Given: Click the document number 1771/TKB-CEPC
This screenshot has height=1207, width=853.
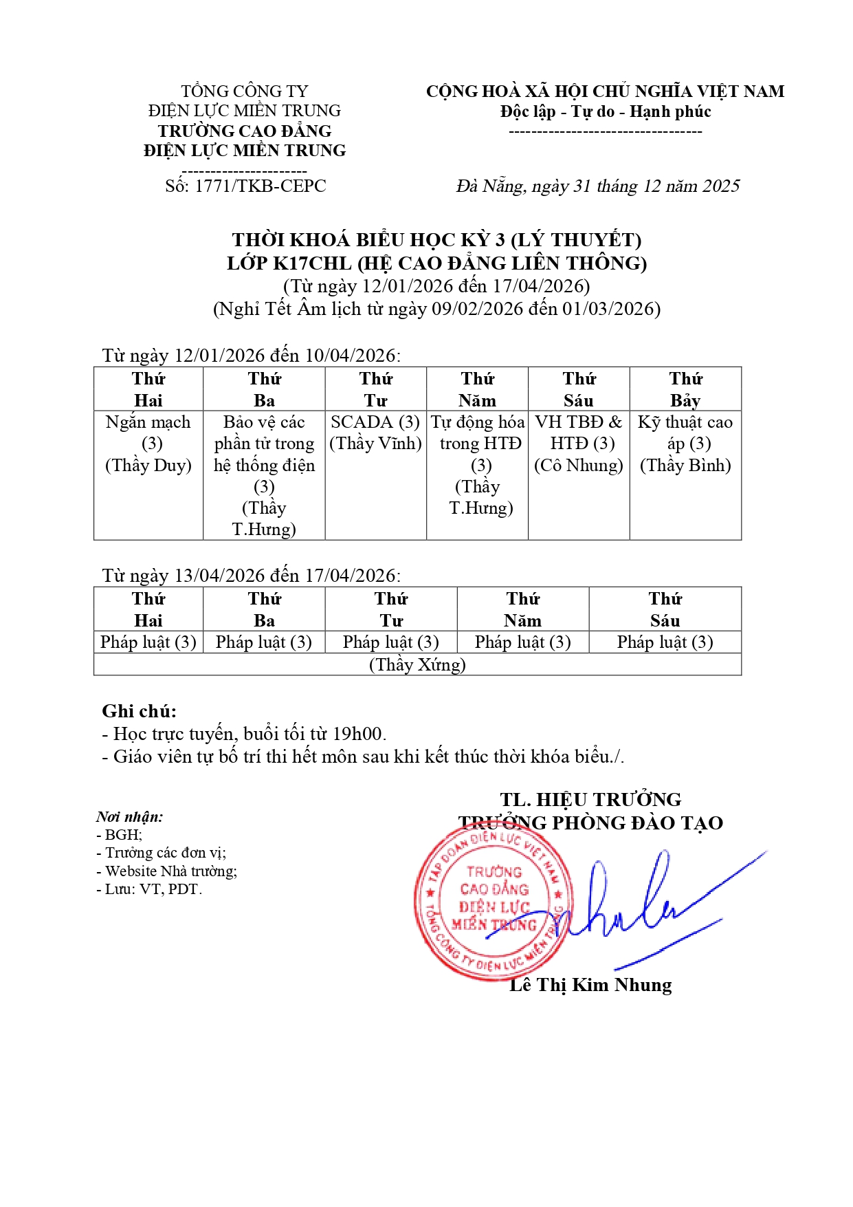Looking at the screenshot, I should click(260, 186).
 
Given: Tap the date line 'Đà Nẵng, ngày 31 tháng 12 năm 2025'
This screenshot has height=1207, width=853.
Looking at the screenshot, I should click(597, 186).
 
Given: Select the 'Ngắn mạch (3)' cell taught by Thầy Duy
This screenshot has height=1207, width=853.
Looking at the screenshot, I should click(148, 444).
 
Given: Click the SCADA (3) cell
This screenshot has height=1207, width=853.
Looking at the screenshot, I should click(375, 433).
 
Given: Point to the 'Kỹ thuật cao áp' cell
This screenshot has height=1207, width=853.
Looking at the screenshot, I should click(685, 444).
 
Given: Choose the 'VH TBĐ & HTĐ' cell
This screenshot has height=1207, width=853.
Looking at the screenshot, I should click(579, 444).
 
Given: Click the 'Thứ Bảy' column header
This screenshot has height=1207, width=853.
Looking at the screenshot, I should click(685, 389).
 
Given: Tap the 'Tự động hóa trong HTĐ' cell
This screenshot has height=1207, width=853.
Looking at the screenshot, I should click(478, 464).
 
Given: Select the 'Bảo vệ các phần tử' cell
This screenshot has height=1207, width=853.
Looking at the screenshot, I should click(264, 475).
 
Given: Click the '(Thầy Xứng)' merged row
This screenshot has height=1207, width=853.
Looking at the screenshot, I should click(417, 664).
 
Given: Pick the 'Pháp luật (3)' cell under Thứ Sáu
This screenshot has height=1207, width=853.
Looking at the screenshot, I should click(665, 642).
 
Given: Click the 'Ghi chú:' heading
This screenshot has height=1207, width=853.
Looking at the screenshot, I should click(139, 711).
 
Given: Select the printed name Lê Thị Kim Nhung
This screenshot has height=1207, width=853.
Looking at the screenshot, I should click(590, 985).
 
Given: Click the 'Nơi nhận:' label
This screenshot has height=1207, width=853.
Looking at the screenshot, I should click(129, 817).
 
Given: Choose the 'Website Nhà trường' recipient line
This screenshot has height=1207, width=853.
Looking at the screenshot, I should click(170, 871).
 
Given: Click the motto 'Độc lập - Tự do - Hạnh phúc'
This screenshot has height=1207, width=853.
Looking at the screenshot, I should click(605, 111).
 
